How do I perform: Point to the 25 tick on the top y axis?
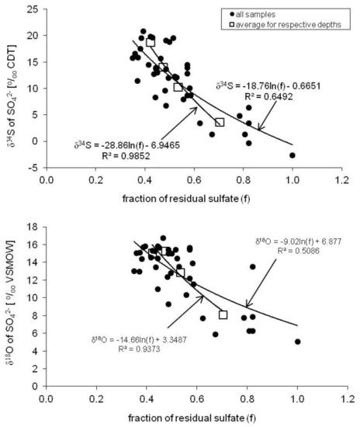coord(32,10)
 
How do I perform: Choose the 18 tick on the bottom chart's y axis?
coord(32,227)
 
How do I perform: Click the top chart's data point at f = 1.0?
coord(292,155)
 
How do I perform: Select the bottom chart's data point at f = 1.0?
coord(297,341)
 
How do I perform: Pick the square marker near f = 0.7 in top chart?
coord(220,123)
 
